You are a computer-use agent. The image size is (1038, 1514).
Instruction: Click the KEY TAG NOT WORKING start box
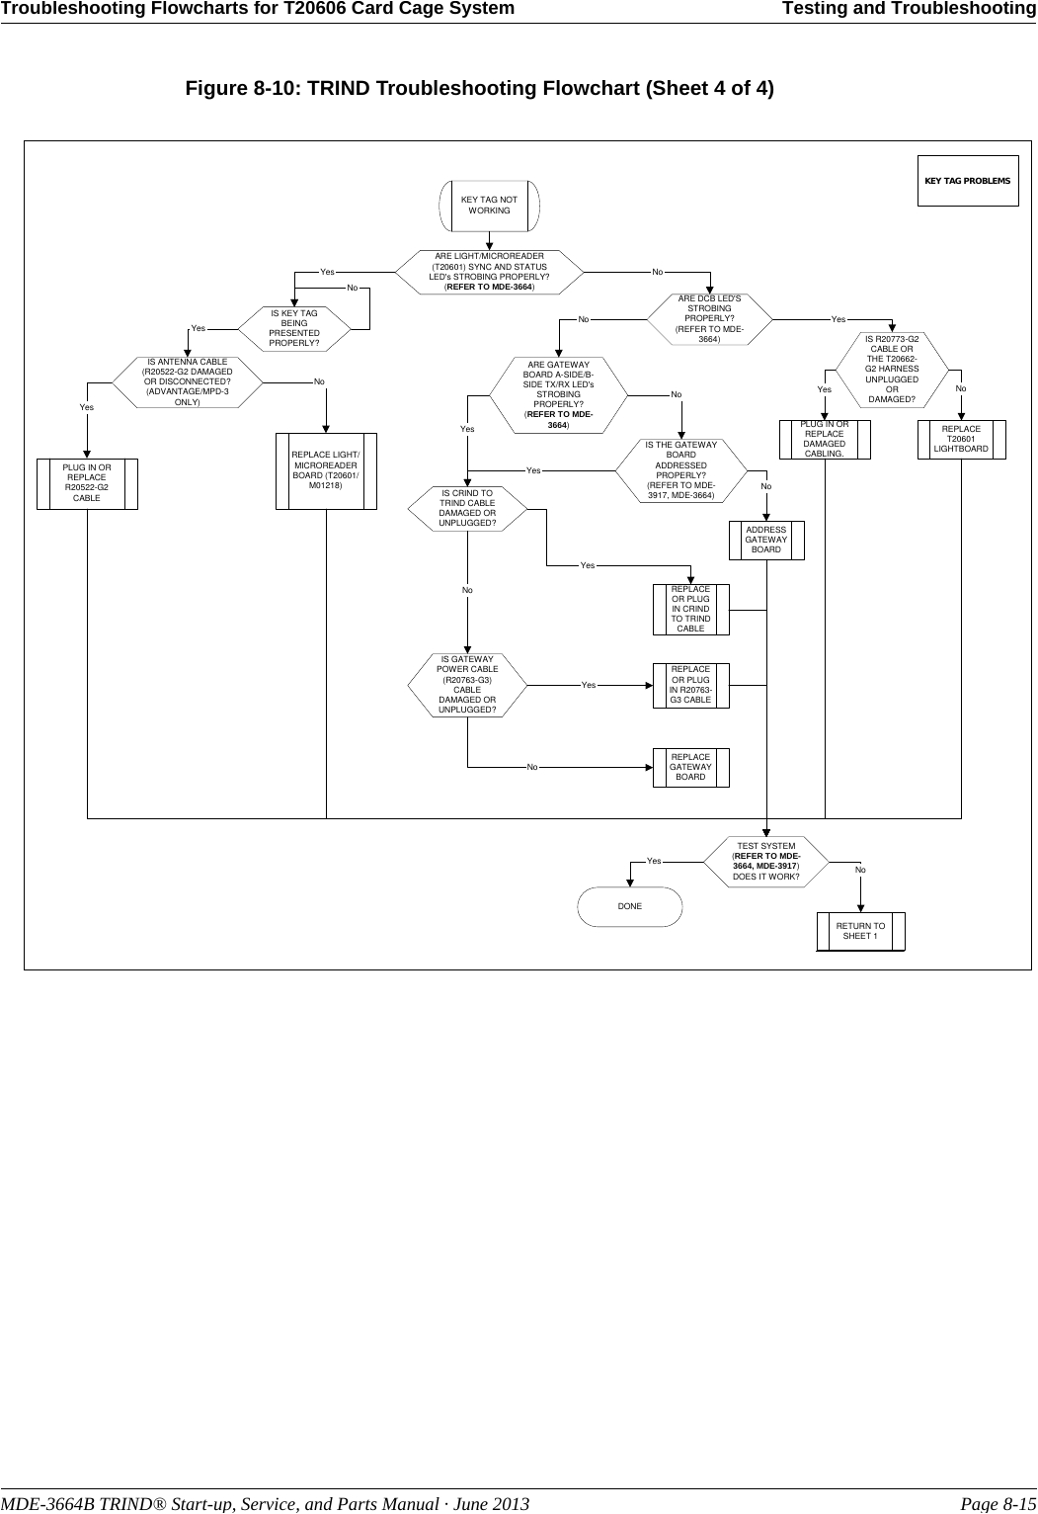[489, 205]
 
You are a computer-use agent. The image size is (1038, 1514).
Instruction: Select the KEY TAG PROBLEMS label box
[967, 181]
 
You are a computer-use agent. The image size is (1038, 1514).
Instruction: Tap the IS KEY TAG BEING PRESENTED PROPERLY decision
[294, 328]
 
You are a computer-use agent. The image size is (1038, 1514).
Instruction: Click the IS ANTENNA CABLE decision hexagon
[187, 381]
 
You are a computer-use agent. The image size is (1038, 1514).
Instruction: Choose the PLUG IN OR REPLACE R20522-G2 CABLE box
[87, 483]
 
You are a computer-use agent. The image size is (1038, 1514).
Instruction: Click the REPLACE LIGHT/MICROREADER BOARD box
[326, 470]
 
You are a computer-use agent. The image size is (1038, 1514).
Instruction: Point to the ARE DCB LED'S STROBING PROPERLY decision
[708, 319]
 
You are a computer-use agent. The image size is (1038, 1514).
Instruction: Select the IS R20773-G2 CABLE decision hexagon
[891, 370]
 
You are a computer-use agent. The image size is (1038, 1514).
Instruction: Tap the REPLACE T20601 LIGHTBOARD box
[960, 440]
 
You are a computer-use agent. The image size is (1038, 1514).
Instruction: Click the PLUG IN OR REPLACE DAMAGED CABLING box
[824, 440]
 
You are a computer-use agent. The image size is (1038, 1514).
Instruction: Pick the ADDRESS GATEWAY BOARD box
[765, 540]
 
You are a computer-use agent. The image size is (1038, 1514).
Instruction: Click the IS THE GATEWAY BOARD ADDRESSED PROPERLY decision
[680, 470]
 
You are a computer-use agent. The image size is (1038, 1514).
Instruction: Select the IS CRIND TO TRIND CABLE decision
[467, 508]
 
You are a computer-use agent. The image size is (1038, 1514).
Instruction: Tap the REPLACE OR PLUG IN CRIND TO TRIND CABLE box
[690, 609]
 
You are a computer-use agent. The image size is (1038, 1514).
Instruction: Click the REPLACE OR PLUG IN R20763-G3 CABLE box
[690, 685]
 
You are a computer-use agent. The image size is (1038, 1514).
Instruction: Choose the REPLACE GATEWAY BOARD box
[690, 767]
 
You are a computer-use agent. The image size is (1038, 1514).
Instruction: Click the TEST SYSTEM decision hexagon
[765, 862]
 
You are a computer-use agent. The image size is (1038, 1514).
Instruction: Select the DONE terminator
[629, 906]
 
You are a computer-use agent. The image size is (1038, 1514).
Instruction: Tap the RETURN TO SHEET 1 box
[860, 931]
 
